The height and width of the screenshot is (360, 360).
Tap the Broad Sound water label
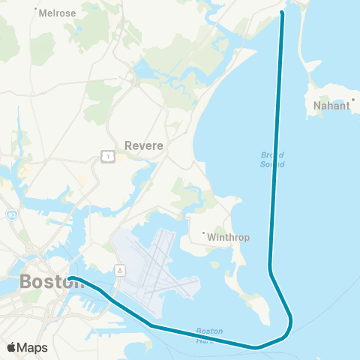tap(272, 158)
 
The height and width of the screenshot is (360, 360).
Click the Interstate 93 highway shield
tap(11, 215)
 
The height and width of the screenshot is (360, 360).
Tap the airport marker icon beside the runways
tap(119, 268)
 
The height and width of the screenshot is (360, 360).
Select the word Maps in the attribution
tap(33, 347)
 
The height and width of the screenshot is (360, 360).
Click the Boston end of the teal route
tap(70, 278)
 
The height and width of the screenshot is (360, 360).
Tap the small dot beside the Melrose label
tap(37, 10)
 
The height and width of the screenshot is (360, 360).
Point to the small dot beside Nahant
tap(352, 98)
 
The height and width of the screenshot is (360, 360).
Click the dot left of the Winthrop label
tap(203, 233)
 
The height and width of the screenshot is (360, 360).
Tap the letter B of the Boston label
tap(25, 283)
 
